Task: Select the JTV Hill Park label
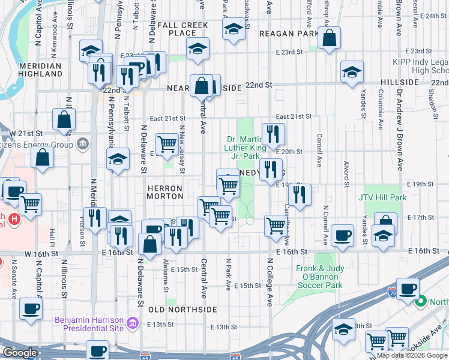tap(382, 197)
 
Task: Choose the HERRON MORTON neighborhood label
tap(165, 192)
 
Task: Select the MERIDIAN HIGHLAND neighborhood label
tap(40, 70)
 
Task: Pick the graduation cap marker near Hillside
tap(352, 72)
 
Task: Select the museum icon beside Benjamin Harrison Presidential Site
tap(133, 324)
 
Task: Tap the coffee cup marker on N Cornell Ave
tap(342, 235)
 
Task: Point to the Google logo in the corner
tap(20, 353)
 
